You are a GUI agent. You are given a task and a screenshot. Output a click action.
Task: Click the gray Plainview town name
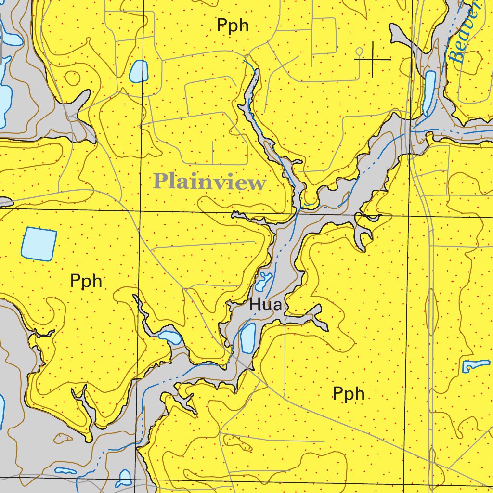pyautogui.click(x=209, y=182)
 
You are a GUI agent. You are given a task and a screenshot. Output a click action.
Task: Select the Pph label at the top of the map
pyautogui.click(x=233, y=25)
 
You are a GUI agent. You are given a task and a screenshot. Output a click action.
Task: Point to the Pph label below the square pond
pyautogui.click(x=86, y=281)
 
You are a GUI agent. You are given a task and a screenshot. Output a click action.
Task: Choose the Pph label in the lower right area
pyautogui.click(x=348, y=394)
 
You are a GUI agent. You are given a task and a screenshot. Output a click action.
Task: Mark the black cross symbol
pyautogui.click(x=373, y=59)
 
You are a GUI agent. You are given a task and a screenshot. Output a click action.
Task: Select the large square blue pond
pyautogui.click(x=39, y=244)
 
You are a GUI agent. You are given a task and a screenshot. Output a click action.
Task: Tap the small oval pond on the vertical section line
pyautogui.click(x=139, y=71)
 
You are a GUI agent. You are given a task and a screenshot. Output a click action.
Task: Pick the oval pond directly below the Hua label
pyautogui.click(x=247, y=338)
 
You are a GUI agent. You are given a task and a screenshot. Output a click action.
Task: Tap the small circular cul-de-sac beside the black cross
pyautogui.click(x=358, y=51)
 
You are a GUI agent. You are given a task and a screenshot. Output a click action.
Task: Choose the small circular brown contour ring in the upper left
pyautogui.click(x=72, y=77)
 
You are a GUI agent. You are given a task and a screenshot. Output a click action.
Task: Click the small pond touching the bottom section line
pyautogui.click(x=125, y=478)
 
